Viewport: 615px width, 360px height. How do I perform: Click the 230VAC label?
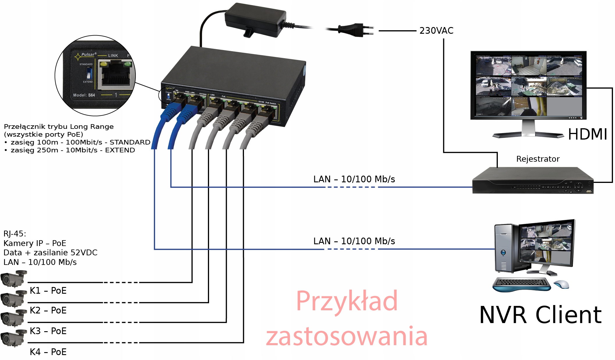(x=436, y=31)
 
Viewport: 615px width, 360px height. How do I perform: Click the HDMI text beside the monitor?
(x=587, y=134)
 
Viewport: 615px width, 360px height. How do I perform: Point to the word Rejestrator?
(x=538, y=159)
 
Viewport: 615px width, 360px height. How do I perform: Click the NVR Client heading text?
(x=540, y=315)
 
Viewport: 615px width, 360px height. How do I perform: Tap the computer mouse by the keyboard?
(x=561, y=284)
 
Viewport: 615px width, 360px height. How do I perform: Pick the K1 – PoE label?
(x=48, y=291)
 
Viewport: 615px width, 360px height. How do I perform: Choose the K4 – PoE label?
(x=48, y=352)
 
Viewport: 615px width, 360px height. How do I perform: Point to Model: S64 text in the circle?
(x=84, y=95)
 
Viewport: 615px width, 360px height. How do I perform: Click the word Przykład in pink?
(x=347, y=301)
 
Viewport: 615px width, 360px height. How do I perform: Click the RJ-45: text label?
(x=15, y=234)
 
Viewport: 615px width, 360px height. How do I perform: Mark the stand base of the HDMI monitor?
(x=528, y=135)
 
